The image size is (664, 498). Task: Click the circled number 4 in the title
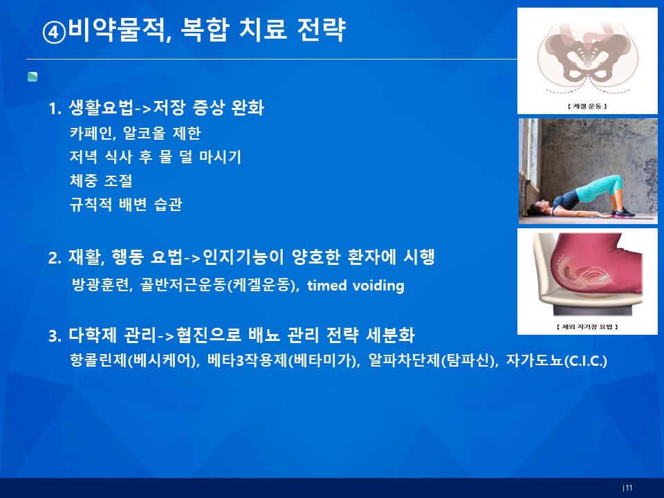point(54,33)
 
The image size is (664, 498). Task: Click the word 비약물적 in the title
point(118,30)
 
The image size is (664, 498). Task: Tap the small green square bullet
point(33,77)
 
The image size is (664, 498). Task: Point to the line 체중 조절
point(101,181)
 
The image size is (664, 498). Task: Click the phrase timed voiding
point(356,286)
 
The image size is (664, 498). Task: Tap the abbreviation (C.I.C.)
point(586,361)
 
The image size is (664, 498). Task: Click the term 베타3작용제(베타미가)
point(282,361)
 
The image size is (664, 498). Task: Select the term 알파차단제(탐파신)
point(432,361)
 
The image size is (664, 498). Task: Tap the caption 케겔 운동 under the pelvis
point(587,106)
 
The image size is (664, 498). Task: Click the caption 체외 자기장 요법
point(587,326)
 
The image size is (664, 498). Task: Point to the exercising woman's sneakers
point(623,212)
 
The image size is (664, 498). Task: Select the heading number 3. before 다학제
point(55,336)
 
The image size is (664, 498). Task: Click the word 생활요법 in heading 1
point(101,108)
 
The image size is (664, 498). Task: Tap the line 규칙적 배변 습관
point(126,205)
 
